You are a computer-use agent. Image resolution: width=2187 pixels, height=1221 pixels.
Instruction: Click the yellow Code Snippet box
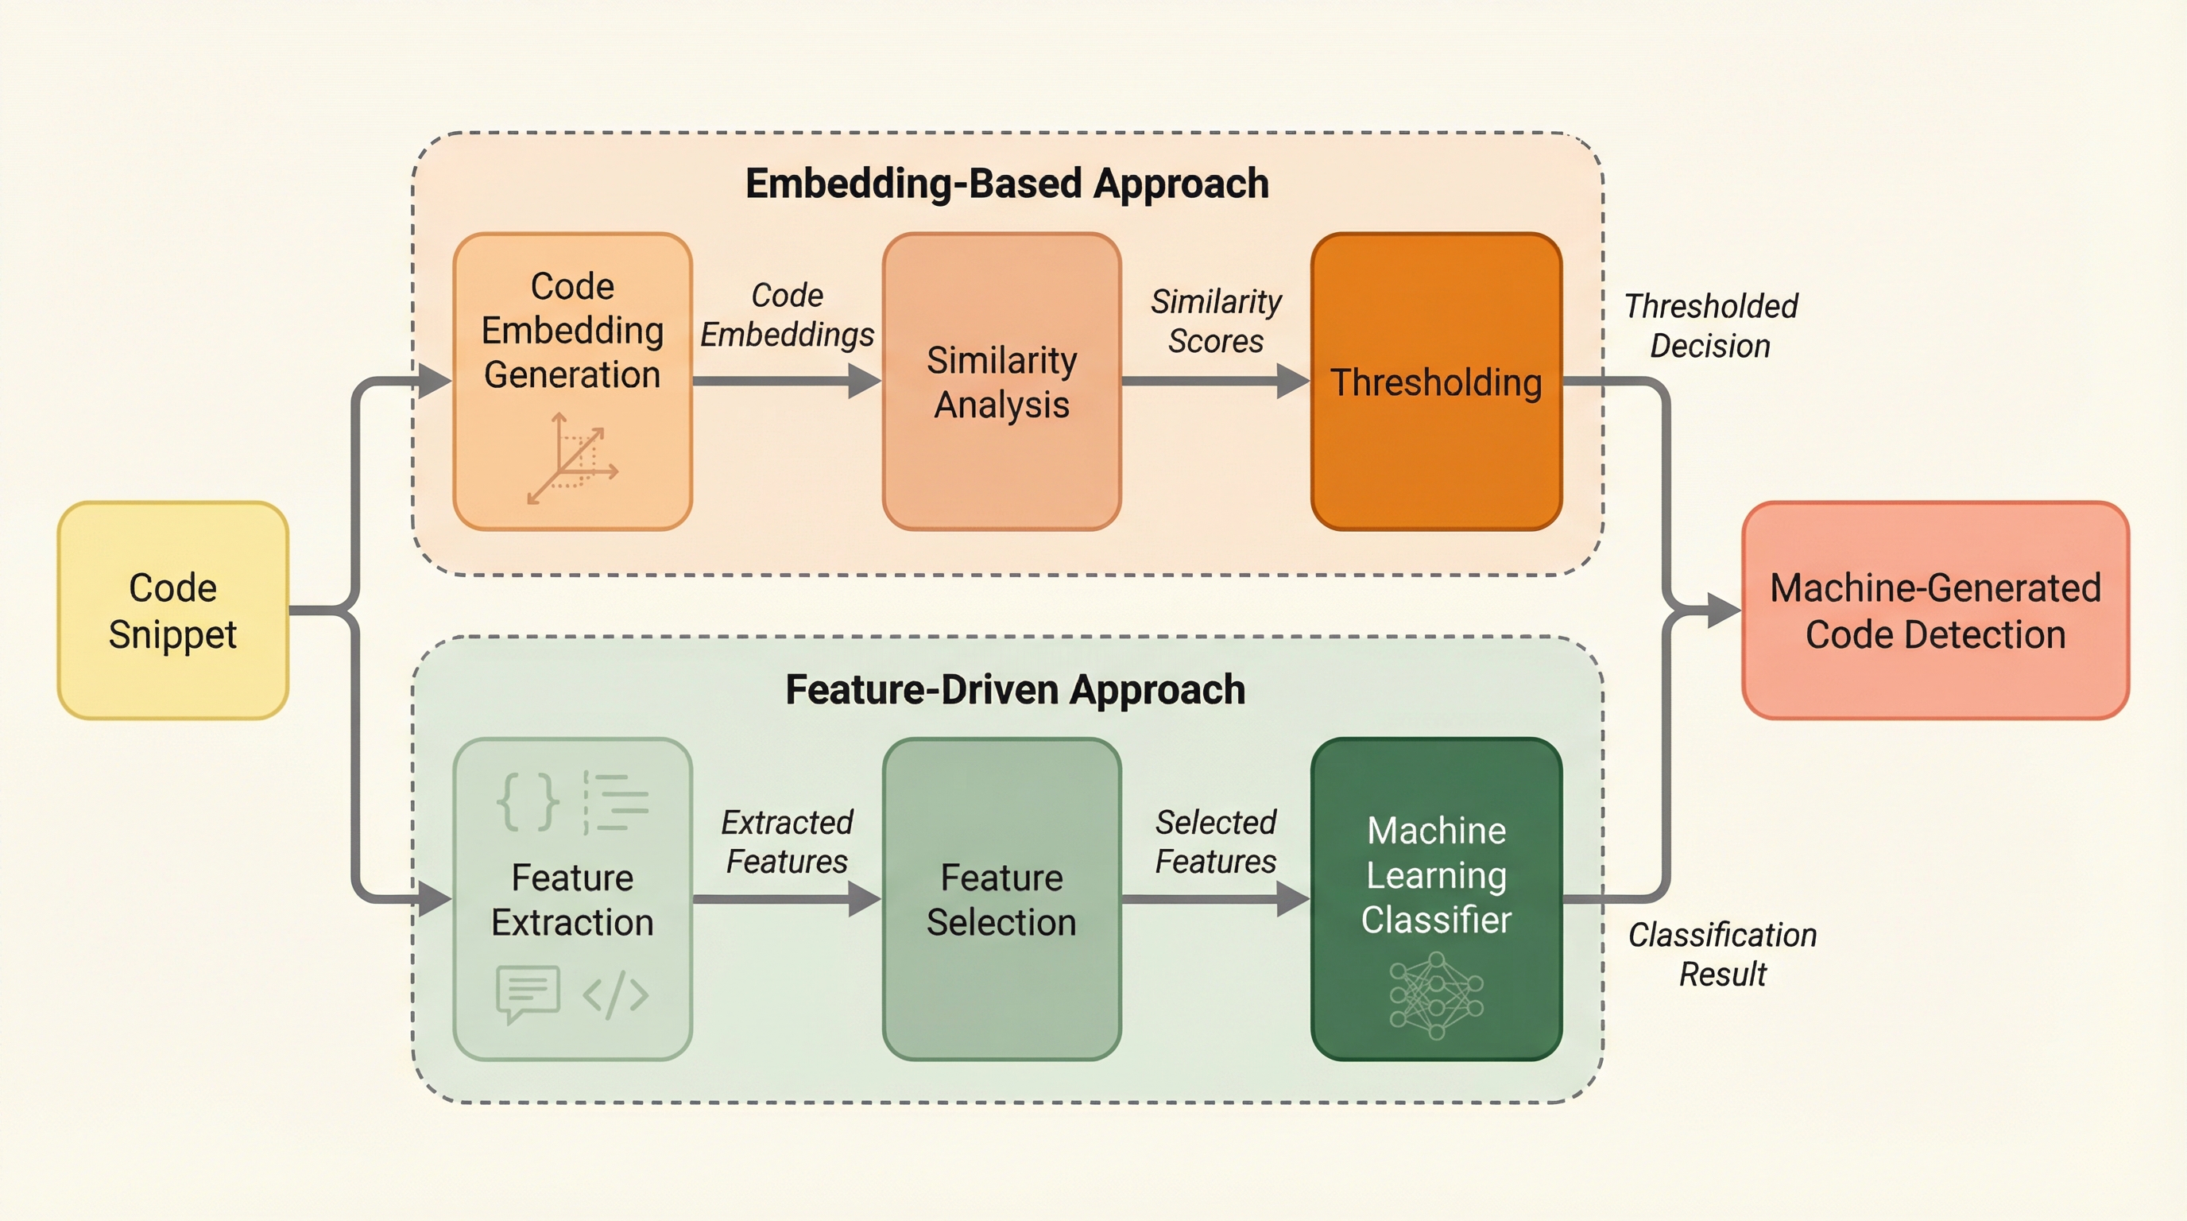click(x=173, y=610)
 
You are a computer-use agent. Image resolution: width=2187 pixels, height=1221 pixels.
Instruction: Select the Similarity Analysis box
click(x=1002, y=382)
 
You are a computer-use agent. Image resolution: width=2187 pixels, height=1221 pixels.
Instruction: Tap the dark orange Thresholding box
click(x=1437, y=382)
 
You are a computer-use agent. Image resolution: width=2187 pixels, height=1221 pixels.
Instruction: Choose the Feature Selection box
click(x=1002, y=899)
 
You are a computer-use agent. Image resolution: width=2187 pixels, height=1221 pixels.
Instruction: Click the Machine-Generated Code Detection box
click(x=1936, y=610)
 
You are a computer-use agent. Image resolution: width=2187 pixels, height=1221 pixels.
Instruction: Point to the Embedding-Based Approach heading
click(x=1007, y=184)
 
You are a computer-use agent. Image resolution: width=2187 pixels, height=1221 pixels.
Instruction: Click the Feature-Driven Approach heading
click(x=1016, y=689)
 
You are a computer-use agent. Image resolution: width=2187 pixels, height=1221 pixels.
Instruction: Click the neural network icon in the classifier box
click(x=1437, y=995)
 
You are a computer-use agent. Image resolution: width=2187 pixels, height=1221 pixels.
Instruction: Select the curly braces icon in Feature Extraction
click(x=527, y=801)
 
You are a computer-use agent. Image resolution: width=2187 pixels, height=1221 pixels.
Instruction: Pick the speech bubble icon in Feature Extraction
click(x=527, y=994)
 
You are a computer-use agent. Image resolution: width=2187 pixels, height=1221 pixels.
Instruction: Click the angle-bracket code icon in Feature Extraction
click(x=616, y=994)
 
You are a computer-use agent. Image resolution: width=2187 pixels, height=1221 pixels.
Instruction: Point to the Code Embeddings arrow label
click(x=787, y=315)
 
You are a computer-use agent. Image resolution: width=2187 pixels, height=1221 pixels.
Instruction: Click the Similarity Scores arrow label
click(x=1216, y=321)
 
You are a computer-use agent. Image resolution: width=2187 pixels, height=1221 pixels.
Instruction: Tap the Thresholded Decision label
click(x=1711, y=326)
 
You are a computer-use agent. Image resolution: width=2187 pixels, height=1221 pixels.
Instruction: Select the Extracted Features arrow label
click(x=787, y=842)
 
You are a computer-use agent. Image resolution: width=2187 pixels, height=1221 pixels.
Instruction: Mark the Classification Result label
click(x=1723, y=955)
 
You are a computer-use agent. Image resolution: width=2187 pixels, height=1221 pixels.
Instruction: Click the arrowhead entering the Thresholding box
click(x=1294, y=382)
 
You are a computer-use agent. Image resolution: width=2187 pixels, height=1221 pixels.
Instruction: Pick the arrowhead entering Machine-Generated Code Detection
click(x=1724, y=610)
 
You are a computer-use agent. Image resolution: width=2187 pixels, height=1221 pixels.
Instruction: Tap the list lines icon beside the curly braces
click(x=617, y=801)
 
